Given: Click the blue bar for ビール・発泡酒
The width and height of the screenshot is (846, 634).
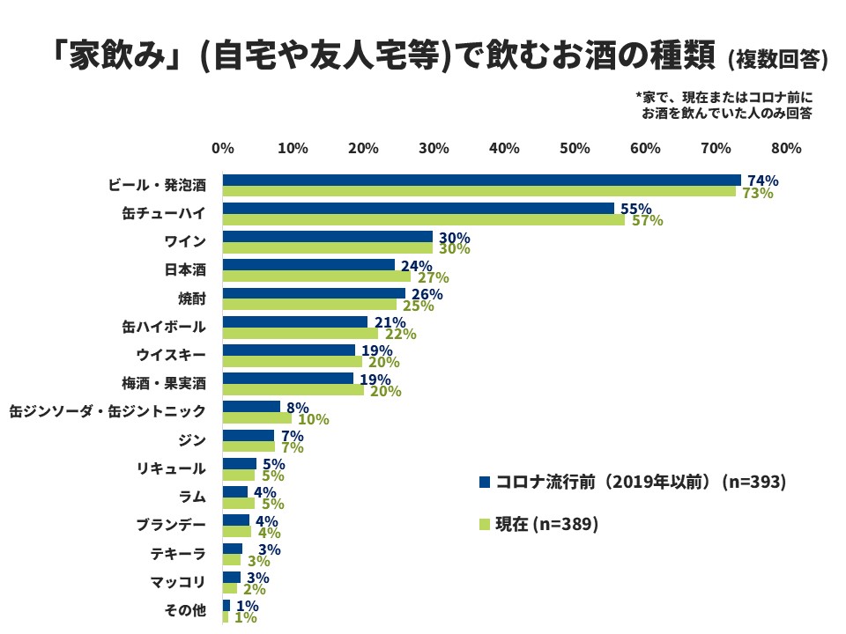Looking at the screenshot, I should [x=481, y=181].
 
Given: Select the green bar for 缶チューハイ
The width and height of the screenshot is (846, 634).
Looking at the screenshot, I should [x=423, y=220].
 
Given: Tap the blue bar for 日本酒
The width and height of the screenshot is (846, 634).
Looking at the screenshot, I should [x=308, y=265].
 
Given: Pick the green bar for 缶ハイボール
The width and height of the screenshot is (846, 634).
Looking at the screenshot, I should [x=300, y=334].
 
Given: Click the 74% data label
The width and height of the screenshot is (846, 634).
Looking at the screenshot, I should [x=763, y=181].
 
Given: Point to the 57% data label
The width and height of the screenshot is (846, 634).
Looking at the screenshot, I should [x=647, y=220].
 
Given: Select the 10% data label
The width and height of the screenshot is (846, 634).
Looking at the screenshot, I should [x=314, y=419].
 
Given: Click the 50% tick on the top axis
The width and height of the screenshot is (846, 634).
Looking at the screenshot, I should [x=575, y=149].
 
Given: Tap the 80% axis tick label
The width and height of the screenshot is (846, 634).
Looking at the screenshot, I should [x=786, y=149].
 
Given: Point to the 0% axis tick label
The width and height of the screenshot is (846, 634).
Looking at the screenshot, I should [x=222, y=149].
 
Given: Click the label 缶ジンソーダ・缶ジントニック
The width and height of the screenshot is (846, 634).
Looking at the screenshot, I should [x=107, y=411].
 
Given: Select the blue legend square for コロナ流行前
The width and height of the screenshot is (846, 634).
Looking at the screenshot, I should [x=484, y=482].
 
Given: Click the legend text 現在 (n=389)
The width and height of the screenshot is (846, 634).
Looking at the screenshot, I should [x=547, y=524].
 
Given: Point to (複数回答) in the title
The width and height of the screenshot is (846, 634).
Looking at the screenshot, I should [x=778, y=60].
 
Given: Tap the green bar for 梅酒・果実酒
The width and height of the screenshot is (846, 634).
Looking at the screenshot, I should [x=293, y=390].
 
